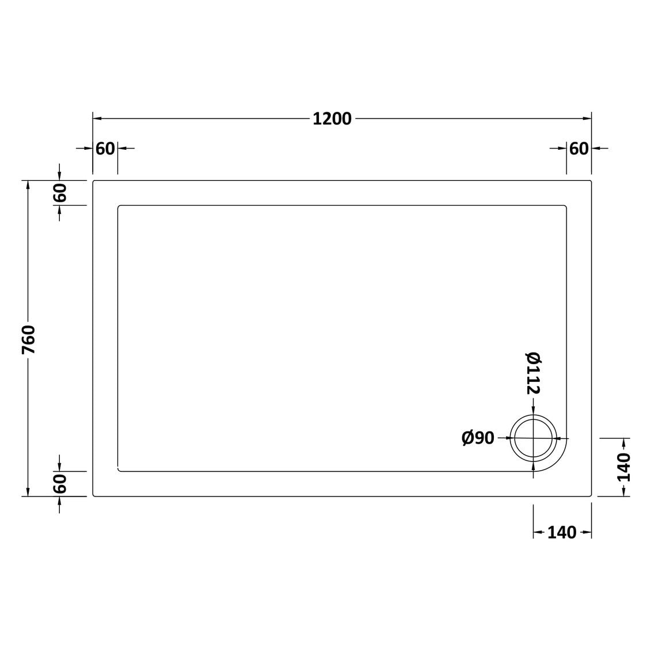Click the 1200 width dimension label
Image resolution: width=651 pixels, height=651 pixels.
tap(332, 119)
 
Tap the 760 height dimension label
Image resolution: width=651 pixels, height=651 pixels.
tap(29, 339)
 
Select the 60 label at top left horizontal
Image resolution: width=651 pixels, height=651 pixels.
tap(105, 148)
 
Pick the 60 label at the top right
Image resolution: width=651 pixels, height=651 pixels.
tap(578, 148)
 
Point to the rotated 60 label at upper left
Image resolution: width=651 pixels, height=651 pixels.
tap(60, 193)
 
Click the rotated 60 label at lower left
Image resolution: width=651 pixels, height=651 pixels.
tap(60, 483)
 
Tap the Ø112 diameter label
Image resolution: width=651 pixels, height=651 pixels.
tap(533, 373)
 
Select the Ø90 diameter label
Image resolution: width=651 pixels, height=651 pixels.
tap(478, 438)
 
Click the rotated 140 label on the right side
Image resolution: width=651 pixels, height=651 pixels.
tap(624, 467)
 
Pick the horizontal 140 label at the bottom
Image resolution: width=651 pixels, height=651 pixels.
tap(562, 532)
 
